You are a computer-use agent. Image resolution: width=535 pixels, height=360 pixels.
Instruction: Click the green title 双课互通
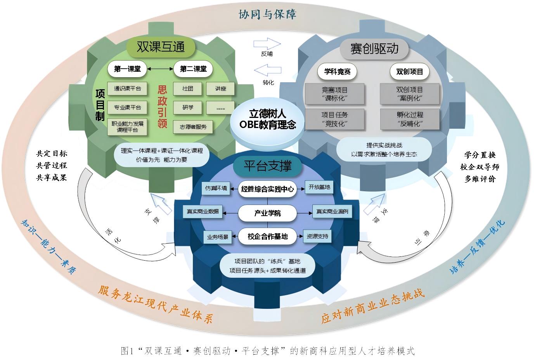161,47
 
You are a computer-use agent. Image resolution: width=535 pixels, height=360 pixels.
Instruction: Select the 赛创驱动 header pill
374,49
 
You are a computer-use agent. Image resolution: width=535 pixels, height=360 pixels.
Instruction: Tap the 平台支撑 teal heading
268,166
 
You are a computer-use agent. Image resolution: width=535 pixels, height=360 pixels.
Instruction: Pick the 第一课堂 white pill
127,69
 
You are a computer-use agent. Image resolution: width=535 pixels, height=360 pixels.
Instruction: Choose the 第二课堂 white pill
193,69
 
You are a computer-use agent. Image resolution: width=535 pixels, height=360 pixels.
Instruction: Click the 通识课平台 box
127,88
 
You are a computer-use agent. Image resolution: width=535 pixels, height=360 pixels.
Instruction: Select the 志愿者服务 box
193,127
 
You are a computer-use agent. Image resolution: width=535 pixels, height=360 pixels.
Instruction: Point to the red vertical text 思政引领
162,107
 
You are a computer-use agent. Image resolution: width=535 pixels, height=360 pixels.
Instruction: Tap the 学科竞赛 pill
337,71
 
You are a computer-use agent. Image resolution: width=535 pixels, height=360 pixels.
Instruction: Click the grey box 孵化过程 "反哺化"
410,119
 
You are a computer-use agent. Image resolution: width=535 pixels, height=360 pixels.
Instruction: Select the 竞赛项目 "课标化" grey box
334,94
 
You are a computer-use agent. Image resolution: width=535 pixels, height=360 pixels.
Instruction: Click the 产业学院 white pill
268,213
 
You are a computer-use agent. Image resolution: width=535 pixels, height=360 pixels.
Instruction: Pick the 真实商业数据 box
203,211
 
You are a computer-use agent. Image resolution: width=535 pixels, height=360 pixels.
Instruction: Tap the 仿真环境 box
216,188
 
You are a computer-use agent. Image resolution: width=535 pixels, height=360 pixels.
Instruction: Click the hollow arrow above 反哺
267,44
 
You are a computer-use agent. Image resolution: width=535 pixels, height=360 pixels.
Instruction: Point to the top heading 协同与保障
268,14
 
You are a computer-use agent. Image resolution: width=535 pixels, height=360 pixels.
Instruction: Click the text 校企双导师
480,167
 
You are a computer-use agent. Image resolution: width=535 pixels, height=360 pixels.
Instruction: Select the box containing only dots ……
220,108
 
